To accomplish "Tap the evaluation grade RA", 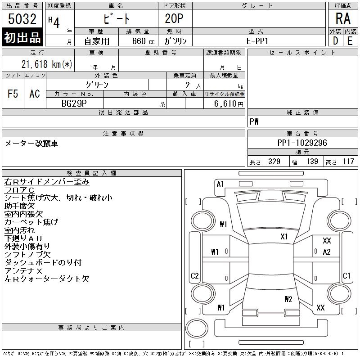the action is click(342, 19).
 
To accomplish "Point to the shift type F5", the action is click(13, 94).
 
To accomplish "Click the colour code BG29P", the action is click(74, 103).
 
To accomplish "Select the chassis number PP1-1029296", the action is click(302, 143).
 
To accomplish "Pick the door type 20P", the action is click(175, 19).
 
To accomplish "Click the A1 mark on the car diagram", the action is click(220, 184).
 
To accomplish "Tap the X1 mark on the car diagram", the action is click(284, 236).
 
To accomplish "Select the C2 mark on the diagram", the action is click(195, 276).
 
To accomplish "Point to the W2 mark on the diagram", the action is click(288, 299).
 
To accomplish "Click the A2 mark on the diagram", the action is click(327, 252).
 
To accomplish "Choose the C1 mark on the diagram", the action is click(346, 276).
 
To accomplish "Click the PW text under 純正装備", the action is click(254, 121).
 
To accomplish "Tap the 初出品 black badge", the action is click(22, 38).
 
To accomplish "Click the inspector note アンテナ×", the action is click(23, 270).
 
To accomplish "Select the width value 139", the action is click(312, 162).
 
